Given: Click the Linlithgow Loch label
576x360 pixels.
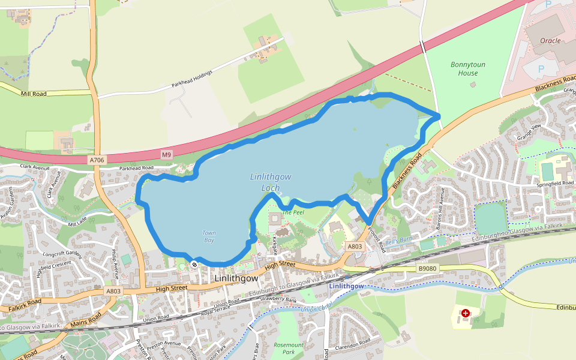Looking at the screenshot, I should click(271, 182).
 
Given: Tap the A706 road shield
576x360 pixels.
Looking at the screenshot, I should click(97, 160).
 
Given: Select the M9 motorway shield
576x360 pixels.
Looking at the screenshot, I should click(166, 155).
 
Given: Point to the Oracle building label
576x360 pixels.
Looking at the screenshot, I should click(550, 41).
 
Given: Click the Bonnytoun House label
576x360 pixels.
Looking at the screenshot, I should click(468, 68).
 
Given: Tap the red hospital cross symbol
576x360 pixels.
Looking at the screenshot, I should click(466, 313).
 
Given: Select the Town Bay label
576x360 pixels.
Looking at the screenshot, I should click(209, 236).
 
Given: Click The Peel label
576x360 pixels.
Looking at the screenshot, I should click(293, 212).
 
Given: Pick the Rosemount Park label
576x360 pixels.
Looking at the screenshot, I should click(289, 349).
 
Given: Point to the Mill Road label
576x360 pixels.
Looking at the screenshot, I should click(34, 94).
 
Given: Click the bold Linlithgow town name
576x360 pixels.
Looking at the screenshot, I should click(236, 279).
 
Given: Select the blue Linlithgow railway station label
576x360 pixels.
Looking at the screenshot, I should click(346, 286).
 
